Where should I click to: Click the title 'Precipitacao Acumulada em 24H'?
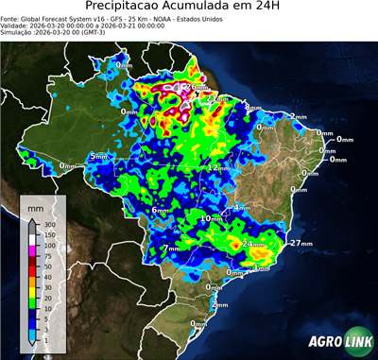[x=189, y=9]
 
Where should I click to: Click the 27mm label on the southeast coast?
[x=301, y=243]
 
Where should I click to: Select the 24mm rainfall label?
[x=253, y=243]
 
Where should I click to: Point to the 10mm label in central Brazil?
[x=212, y=218]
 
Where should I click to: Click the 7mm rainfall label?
[x=171, y=249]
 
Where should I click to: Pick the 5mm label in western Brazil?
[x=98, y=156]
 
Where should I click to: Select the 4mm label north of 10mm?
[x=242, y=206]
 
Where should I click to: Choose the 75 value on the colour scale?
[x=46, y=255]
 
